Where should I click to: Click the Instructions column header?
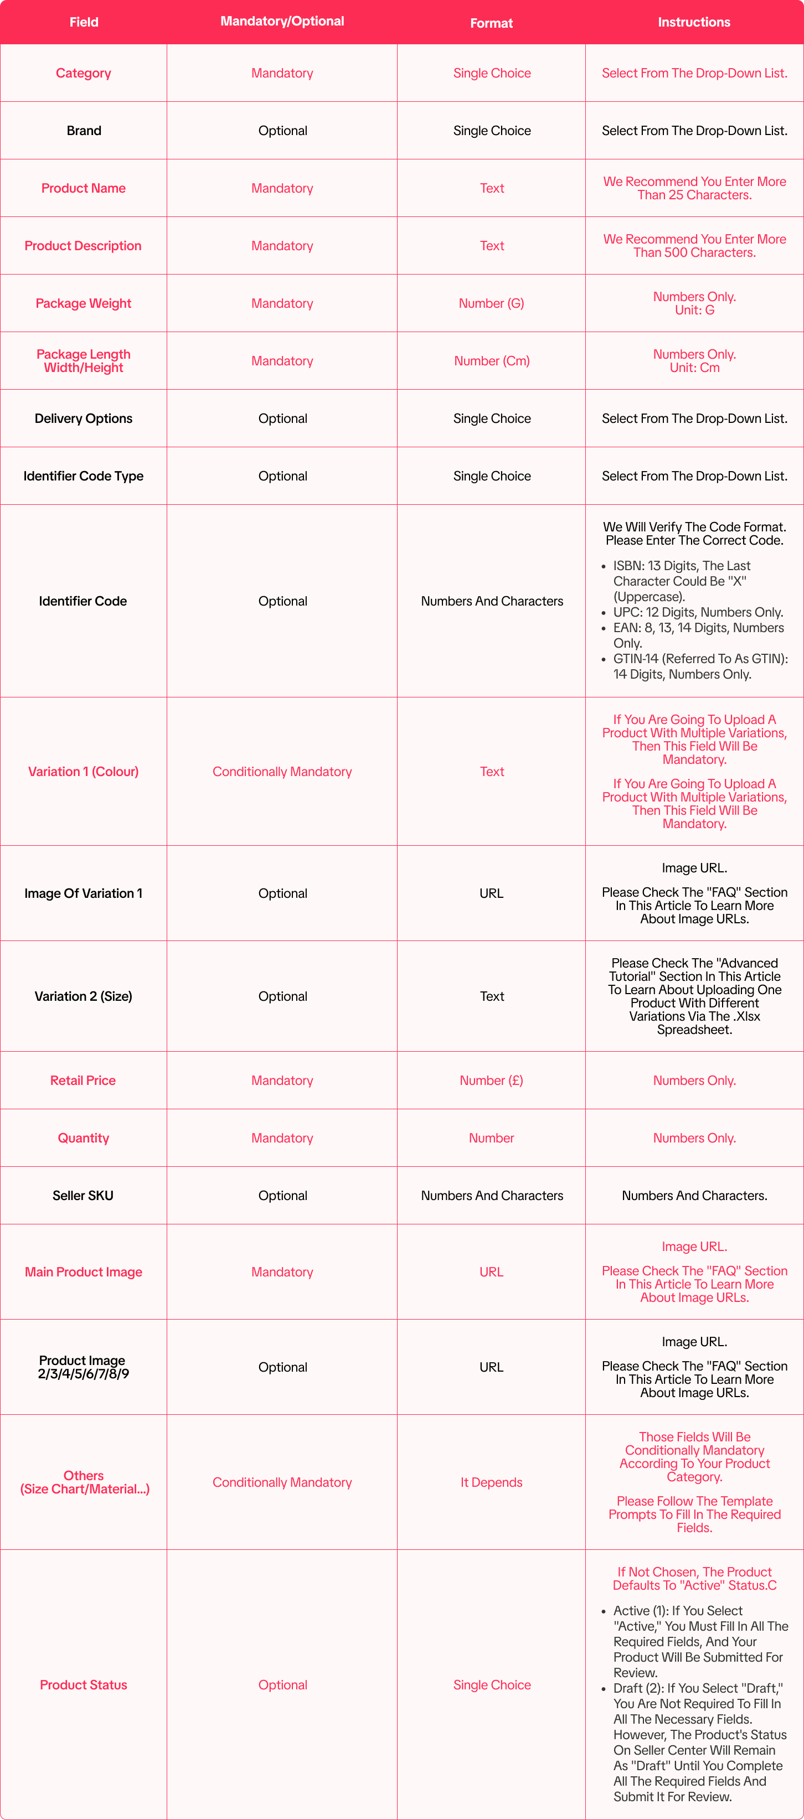pos(694,22)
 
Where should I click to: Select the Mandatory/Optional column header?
pos(282,21)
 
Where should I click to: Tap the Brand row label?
pos(84,131)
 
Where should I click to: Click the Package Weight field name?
pos(84,303)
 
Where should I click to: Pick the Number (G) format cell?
pos(491,303)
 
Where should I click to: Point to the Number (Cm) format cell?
pos(491,361)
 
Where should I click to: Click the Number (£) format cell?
pos(491,1080)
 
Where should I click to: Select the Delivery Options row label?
pos(84,418)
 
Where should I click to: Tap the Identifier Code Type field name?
pos(84,476)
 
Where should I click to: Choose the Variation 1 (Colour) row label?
pos(84,772)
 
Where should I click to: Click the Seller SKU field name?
pos(83,1196)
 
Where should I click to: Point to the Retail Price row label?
pos(83,1080)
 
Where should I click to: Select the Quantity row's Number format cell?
pos(491,1138)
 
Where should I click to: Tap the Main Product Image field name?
pos(84,1272)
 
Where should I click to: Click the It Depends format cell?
pos(491,1482)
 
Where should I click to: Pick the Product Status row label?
pos(84,1685)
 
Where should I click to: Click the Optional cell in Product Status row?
pos(282,1685)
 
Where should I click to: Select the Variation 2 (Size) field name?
pos(84,996)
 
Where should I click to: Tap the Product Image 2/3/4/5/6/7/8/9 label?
pos(83,1367)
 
